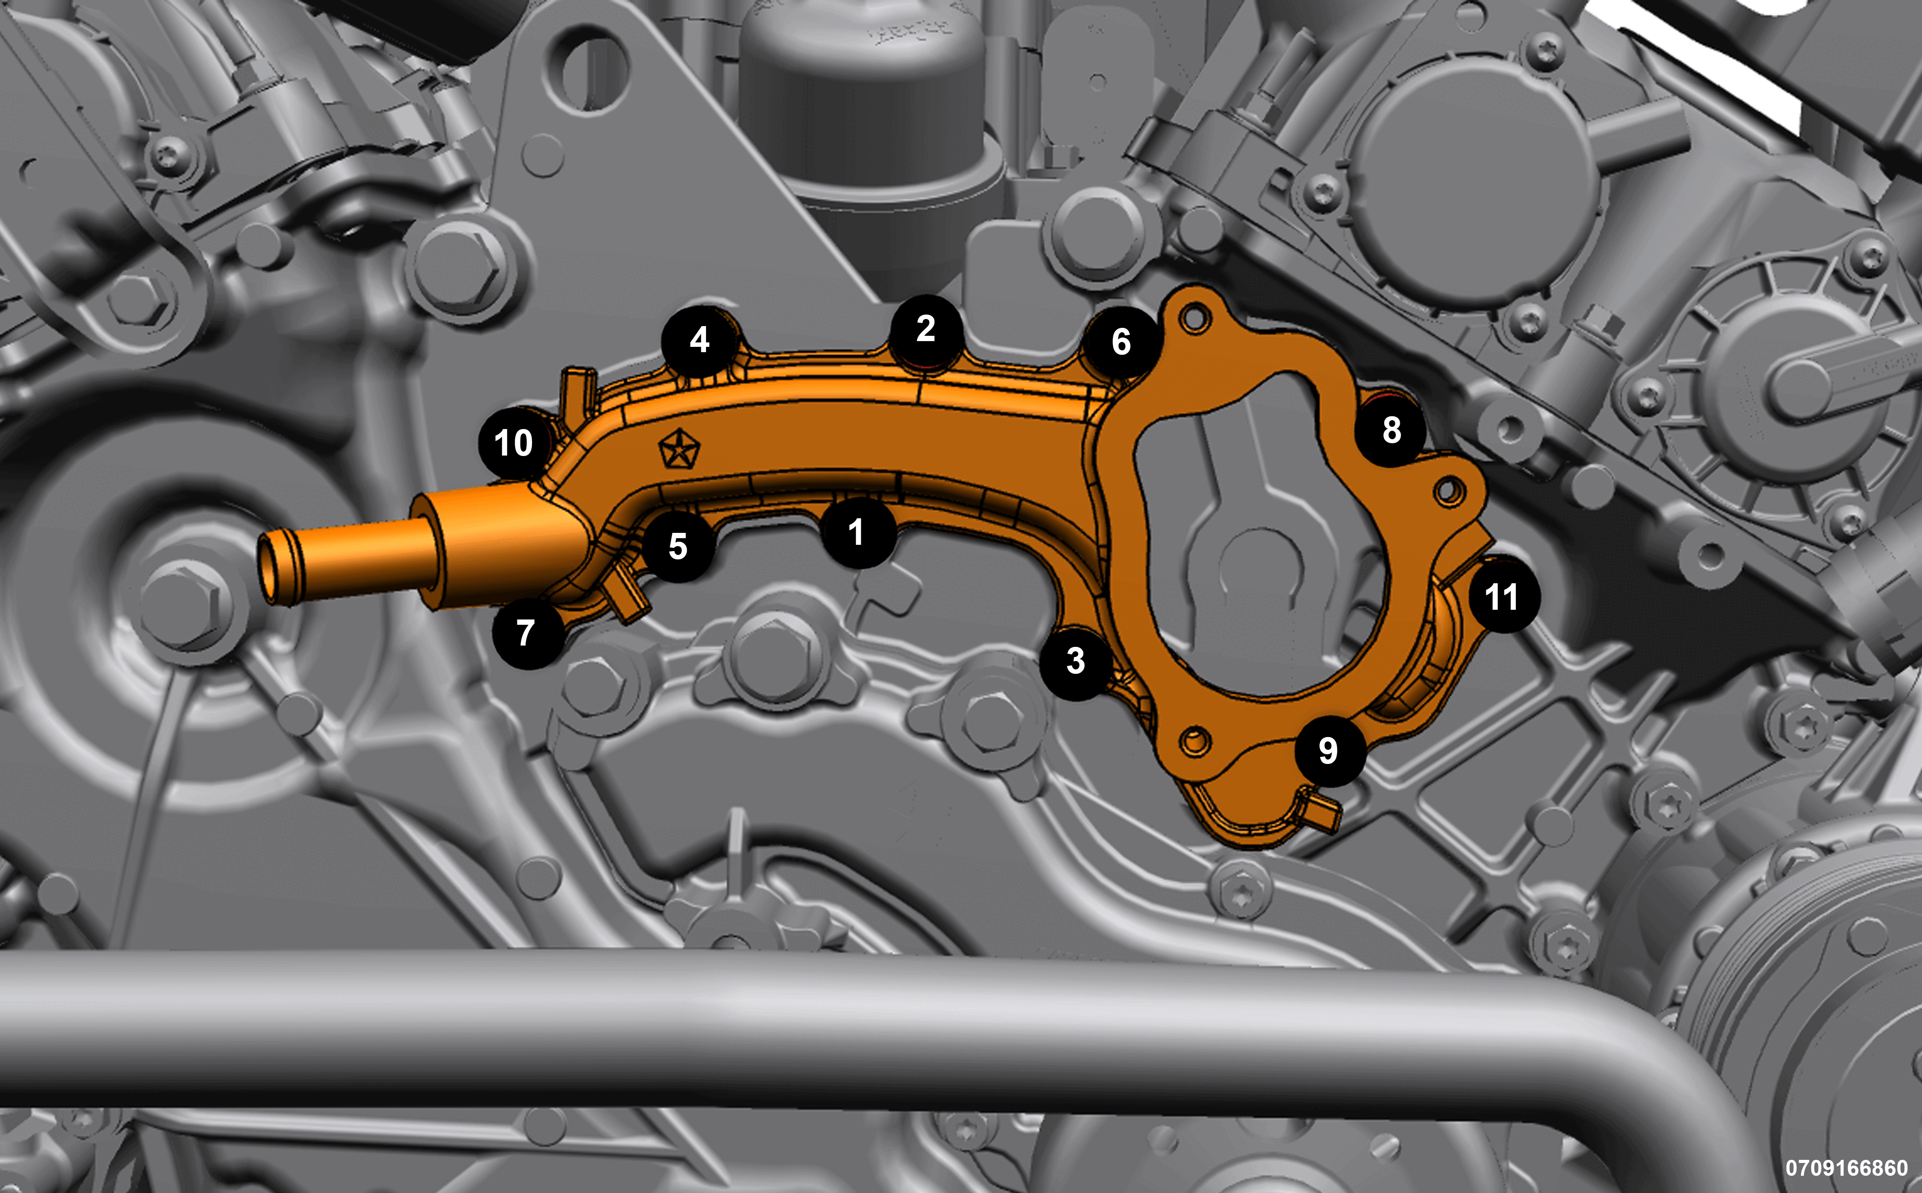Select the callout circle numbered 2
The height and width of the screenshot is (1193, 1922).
point(926,330)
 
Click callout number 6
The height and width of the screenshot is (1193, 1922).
point(1121,342)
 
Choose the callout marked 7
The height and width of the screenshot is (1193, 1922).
point(527,633)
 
